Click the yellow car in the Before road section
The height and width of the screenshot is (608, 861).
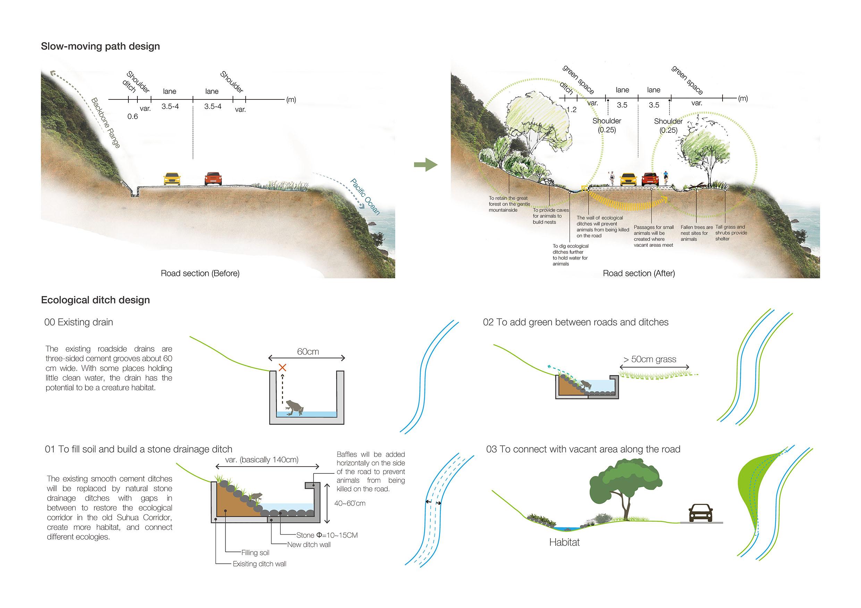172,179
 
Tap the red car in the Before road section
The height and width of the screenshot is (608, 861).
213,179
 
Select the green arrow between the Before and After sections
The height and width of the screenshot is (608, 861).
425,165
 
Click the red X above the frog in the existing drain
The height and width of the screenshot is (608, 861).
282,367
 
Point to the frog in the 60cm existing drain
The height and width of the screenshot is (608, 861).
294,407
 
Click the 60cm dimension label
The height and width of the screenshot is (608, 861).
308,351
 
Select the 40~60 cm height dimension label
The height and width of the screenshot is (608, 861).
349,503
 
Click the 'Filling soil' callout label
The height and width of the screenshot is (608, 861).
255,552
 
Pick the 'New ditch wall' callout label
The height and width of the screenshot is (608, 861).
309,544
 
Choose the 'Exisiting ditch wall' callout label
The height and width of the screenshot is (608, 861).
259,563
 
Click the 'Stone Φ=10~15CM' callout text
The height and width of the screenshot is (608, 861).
327,535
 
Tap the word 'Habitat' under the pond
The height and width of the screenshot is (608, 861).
564,542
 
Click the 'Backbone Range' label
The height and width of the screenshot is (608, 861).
106,123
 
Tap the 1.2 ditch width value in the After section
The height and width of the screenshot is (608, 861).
572,110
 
